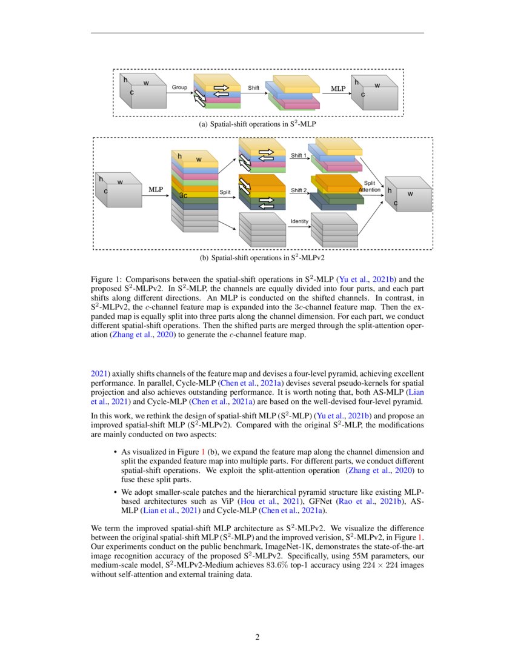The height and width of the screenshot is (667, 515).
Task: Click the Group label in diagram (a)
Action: pyautogui.click(x=179, y=88)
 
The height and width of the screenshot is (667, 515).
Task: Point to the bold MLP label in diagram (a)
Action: pyautogui.click(x=337, y=89)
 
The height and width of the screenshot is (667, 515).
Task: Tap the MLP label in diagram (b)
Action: pyautogui.click(x=156, y=190)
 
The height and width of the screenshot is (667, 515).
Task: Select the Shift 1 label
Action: pyautogui.click(x=298, y=156)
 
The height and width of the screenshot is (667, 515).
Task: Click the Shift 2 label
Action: pyautogui.click(x=298, y=190)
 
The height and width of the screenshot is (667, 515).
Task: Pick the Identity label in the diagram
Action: pyautogui.click(x=299, y=221)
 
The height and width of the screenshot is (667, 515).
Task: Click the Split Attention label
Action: pyautogui.click(x=370, y=187)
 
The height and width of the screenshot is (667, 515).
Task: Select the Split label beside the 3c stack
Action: pyautogui.click(x=225, y=192)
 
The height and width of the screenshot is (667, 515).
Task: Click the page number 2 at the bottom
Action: pyautogui.click(x=257, y=637)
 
